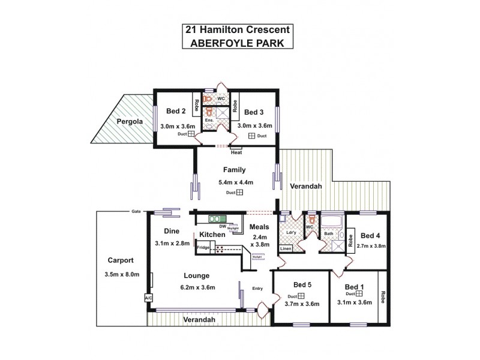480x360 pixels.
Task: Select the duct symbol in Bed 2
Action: click(x=191, y=135)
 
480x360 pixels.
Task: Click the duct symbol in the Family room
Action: click(x=239, y=193)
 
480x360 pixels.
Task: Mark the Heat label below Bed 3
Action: click(x=236, y=152)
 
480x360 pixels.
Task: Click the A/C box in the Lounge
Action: click(x=148, y=298)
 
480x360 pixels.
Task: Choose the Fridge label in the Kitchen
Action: click(x=203, y=247)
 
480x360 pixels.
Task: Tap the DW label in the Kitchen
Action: click(x=222, y=226)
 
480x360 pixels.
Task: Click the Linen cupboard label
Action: click(x=286, y=248)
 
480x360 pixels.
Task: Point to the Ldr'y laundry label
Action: click(x=292, y=232)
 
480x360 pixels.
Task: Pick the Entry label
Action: click(x=257, y=289)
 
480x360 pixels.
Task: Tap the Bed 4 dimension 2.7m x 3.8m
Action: click(x=370, y=246)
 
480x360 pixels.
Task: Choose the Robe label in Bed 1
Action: click(x=382, y=296)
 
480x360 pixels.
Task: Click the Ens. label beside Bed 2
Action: click(x=209, y=120)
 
